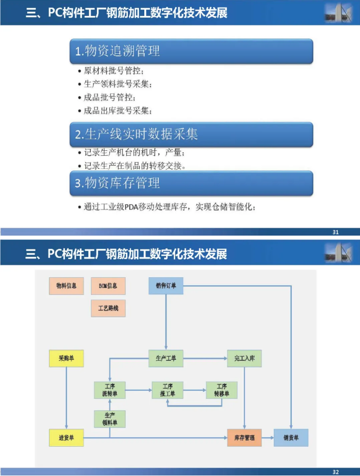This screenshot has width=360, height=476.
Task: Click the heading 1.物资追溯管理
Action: (117, 51)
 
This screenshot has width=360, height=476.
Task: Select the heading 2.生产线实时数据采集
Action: (136, 134)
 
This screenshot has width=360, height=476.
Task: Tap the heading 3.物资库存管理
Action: (117, 183)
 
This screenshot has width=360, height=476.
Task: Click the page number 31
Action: (336, 232)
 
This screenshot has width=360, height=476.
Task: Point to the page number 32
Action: (336, 472)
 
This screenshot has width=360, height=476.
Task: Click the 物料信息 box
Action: (67, 286)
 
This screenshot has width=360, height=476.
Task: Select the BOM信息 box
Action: (108, 286)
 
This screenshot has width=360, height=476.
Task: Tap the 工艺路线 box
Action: (108, 309)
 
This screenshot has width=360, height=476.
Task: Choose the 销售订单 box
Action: (166, 286)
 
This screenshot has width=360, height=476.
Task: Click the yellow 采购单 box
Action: (67, 359)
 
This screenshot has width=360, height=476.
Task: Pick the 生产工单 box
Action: (166, 359)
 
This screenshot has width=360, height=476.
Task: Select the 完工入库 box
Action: (244, 359)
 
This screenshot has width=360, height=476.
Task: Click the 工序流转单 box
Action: (110, 390)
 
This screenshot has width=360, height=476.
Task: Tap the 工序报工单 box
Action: (167, 390)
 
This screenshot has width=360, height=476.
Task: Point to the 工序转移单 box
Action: (222, 390)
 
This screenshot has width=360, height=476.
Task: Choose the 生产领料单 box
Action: (110, 419)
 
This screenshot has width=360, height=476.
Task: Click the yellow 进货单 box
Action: (67, 438)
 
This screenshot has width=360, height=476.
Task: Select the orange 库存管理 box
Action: (244, 438)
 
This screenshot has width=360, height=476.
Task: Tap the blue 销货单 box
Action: (291, 438)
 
